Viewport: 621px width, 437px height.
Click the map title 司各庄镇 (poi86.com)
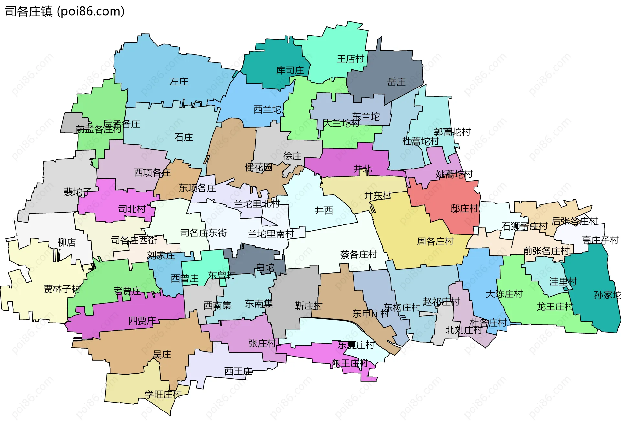(65, 12)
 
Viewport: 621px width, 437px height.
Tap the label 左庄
(179, 82)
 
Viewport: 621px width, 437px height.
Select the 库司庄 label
(290, 70)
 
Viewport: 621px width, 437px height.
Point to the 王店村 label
(351, 59)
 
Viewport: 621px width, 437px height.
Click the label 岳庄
(396, 82)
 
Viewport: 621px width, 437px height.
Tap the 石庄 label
(184, 138)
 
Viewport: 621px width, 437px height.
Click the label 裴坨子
(77, 192)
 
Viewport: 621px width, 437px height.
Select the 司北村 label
(132, 209)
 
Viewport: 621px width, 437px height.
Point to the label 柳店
(66, 242)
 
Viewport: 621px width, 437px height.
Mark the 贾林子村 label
(62, 289)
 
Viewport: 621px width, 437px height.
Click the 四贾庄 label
(142, 321)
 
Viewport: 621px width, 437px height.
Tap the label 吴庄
(162, 355)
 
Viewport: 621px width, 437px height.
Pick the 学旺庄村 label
(163, 394)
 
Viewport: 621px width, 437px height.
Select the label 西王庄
(238, 371)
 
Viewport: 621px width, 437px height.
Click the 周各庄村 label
(435, 241)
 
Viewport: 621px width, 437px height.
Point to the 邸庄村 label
(464, 209)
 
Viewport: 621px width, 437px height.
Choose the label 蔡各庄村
(358, 255)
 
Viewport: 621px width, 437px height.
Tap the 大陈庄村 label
(504, 294)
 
